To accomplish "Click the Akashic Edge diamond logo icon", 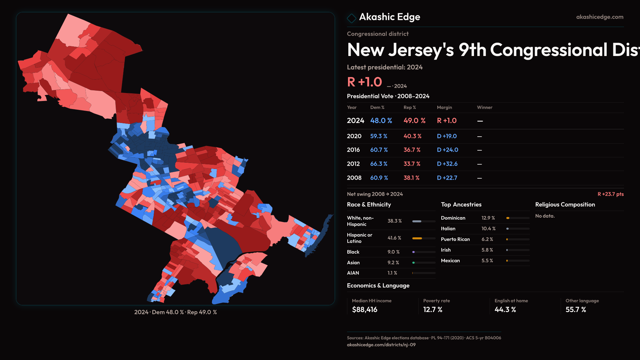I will (351, 18).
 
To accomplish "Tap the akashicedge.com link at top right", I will (599, 17).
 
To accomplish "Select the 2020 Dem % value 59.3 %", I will (379, 136).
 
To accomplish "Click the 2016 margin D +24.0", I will (447, 150).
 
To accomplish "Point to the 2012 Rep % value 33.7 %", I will (412, 164).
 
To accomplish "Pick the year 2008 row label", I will (354, 178).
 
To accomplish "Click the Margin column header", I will (444, 107).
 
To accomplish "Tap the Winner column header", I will (484, 107).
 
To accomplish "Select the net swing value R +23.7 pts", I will (610, 194).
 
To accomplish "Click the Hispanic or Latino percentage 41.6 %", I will (394, 238).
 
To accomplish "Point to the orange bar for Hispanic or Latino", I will (417, 238).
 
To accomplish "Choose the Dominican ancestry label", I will (453, 218).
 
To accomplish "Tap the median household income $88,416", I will (365, 310).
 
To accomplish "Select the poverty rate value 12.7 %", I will (433, 310).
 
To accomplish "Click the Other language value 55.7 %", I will (576, 310).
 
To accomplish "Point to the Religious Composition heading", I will (565, 205).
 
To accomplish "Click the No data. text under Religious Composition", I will (545, 216).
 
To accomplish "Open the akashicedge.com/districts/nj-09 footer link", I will (381, 345).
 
